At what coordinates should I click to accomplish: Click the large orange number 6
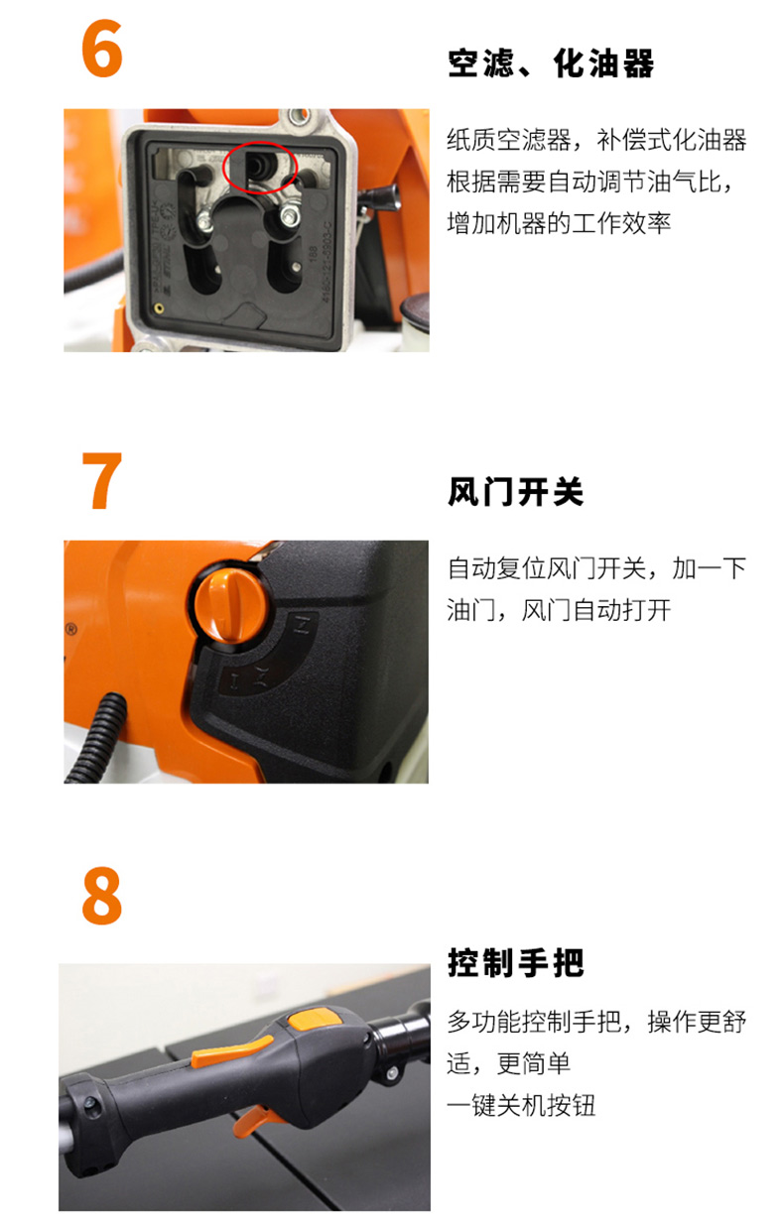[x=101, y=49]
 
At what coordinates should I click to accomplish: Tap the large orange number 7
[x=101, y=481]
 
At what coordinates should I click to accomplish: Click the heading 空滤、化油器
[x=550, y=63]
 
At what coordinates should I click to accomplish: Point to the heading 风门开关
[x=515, y=492]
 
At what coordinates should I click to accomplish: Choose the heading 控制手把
[x=515, y=963]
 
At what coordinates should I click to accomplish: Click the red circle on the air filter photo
[x=259, y=168]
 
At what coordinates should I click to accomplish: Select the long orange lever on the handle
[x=231, y=1050]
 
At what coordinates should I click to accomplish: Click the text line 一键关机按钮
[x=521, y=1105]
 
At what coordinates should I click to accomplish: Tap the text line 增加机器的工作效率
[x=559, y=223]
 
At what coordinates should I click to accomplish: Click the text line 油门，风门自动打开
[x=559, y=610]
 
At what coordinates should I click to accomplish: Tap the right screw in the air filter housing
[x=290, y=214]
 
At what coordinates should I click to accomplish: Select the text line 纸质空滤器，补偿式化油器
[x=596, y=140]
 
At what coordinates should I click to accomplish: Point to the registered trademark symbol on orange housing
[x=70, y=629]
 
